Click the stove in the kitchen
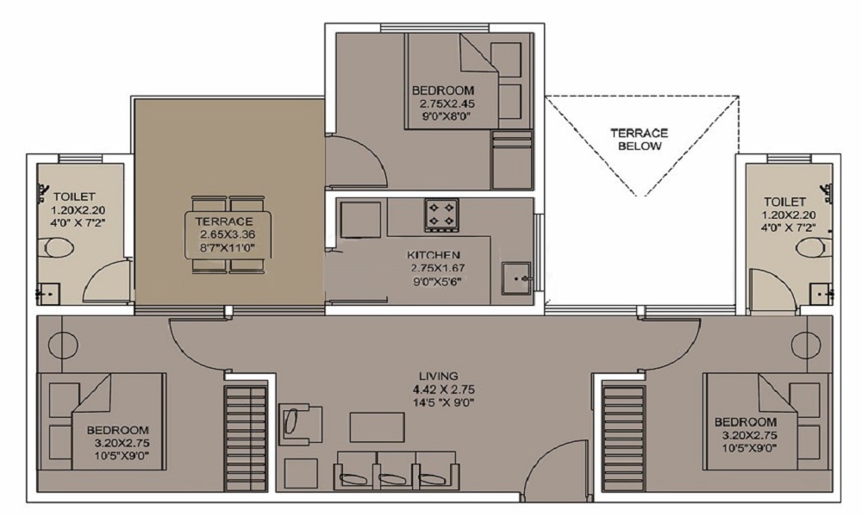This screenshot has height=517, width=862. coord(441,215)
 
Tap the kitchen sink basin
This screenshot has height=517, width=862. coord(516,279)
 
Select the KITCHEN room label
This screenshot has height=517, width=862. coord(434,255)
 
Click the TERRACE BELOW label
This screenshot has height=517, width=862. coord(640,140)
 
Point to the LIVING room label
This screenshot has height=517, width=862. coord(439,377)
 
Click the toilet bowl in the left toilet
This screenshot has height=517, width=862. coord(55,248)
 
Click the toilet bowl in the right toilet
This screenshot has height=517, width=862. coord(815,248)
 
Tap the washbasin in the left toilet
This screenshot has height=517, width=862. coord(48,294)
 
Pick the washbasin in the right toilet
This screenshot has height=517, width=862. coord(821,294)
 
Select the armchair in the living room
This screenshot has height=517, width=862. coord(300,424)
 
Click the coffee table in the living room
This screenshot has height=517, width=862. coord(378,427)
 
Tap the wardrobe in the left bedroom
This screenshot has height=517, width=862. coord(245,439)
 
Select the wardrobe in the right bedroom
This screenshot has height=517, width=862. coord(623,439)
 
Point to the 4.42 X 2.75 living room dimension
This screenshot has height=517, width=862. coord(444,389)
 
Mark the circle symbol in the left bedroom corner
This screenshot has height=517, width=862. coord(59,345)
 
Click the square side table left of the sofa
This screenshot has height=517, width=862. coord(301,474)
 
